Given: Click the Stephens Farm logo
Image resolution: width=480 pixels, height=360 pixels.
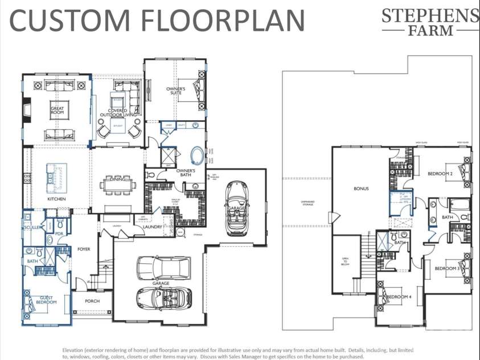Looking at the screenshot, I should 430,22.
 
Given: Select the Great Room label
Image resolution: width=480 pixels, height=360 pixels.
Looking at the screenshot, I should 57,111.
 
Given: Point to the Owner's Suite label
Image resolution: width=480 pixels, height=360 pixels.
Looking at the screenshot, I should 175,91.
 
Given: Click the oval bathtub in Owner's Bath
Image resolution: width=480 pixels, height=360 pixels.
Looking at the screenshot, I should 196,155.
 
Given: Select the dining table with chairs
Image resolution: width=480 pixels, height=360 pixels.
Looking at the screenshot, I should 118,184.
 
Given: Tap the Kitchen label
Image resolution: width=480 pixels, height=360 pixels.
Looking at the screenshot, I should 56,199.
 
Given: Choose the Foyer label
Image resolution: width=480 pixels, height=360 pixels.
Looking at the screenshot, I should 84,249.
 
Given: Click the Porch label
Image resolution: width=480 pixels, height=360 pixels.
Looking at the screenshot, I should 92,301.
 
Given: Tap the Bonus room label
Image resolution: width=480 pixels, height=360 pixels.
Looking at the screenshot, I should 361,189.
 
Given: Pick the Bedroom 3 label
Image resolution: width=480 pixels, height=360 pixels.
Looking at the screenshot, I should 447,268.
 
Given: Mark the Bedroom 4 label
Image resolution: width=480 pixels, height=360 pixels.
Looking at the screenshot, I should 399,297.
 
